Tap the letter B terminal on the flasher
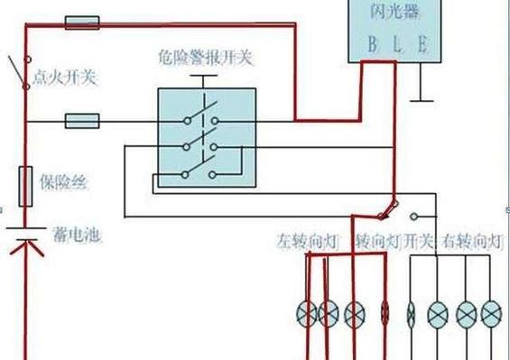(370, 45)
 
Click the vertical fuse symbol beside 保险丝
(26, 184)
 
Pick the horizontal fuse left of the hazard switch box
(83, 119)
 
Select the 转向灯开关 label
(394, 242)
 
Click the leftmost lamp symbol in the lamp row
(307, 314)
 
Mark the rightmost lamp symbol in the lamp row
(490, 314)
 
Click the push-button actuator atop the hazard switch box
(206, 84)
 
